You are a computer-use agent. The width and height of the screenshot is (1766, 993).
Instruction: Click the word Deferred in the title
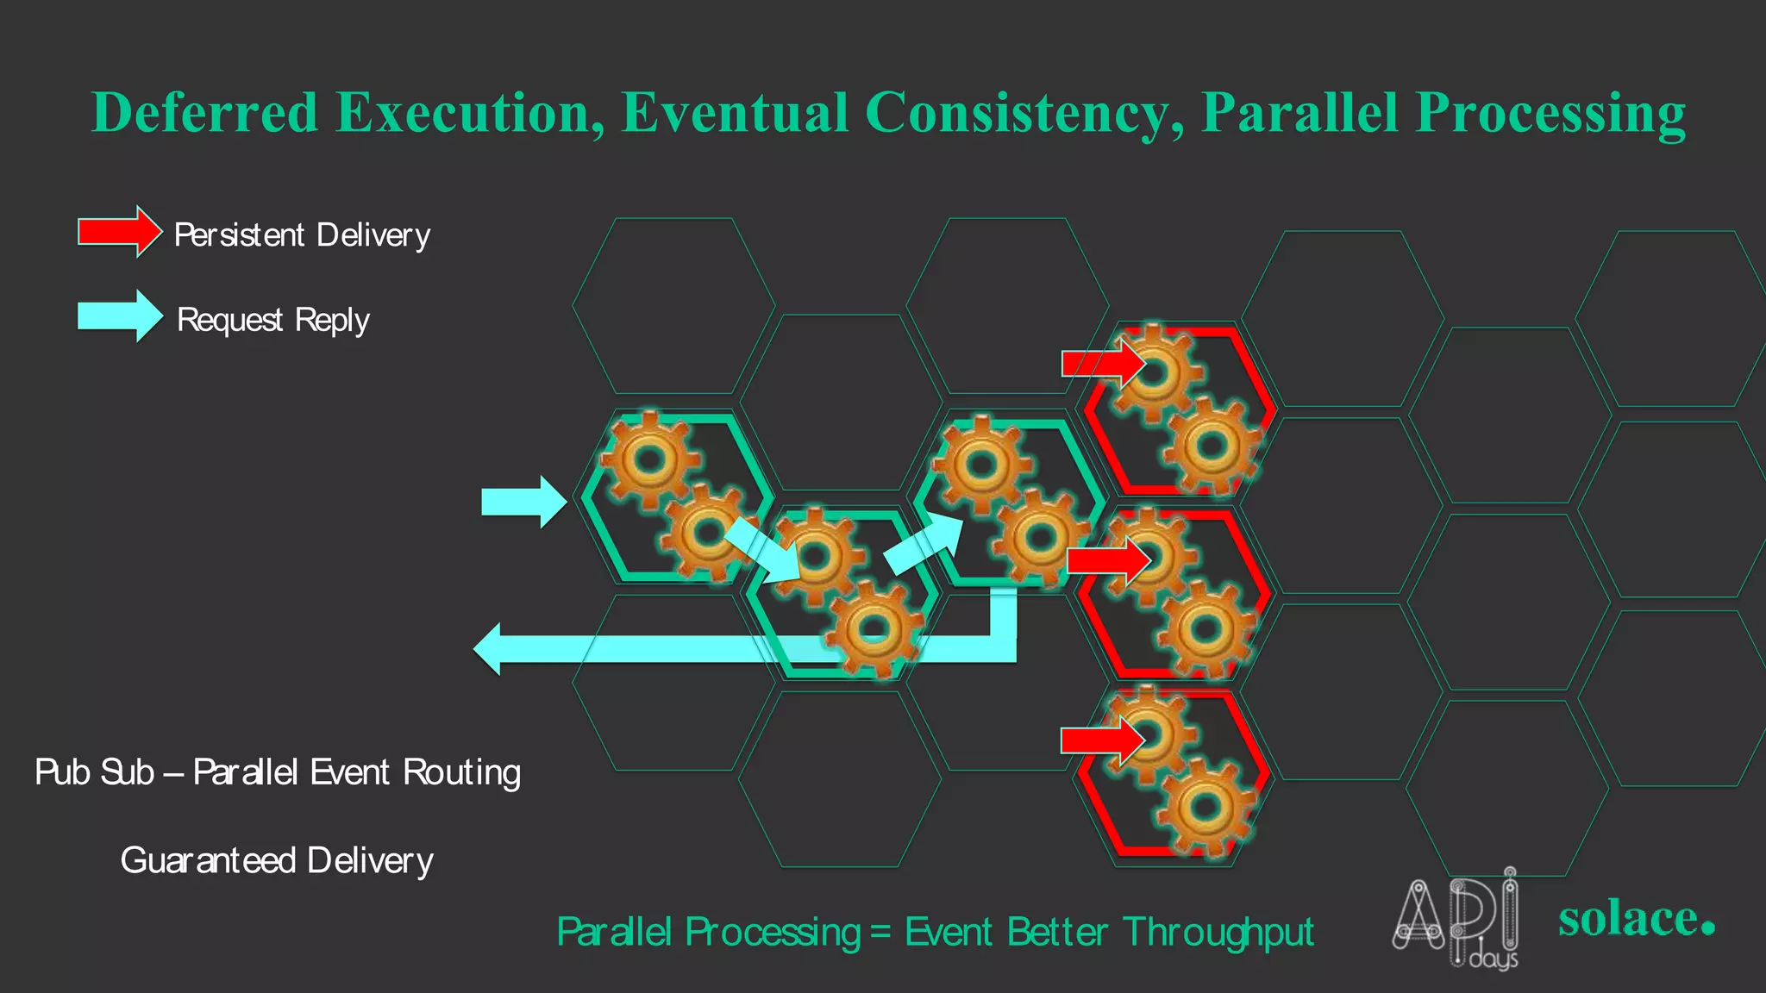(205, 113)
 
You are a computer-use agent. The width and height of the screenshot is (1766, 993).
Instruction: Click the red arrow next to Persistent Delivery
(120, 231)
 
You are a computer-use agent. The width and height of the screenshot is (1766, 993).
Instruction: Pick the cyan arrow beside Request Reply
(120, 315)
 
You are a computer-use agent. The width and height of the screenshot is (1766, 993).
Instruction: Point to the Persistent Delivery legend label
(302, 235)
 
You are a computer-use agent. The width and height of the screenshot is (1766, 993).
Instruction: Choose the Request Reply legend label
(272, 320)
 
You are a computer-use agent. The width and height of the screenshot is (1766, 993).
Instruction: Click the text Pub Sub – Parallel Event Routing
(278, 772)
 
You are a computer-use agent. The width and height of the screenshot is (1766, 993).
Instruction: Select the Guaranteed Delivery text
(277, 860)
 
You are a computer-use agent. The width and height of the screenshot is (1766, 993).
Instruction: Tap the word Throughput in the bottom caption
(1218, 933)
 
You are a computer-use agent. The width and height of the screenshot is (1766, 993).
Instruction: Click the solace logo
(1635, 919)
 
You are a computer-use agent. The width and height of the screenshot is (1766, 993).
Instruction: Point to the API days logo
(1456, 919)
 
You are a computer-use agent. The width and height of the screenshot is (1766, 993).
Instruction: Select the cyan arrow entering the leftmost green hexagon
(523, 502)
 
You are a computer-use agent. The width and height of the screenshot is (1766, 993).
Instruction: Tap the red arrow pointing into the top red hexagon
(1103, 363)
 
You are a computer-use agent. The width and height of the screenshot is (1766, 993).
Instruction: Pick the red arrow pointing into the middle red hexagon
(1108, 561)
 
